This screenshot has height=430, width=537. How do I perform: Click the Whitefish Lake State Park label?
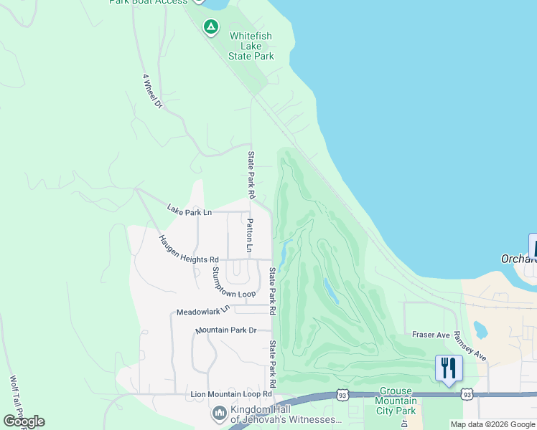coord(251,45)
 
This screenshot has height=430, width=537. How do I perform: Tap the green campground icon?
coord(210,27)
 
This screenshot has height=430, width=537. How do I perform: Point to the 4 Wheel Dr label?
coord(152,90)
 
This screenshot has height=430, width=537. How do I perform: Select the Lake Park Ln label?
coord(190,211)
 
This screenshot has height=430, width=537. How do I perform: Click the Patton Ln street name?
coord(250,236)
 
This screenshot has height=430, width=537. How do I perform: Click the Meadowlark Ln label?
coord(202,311)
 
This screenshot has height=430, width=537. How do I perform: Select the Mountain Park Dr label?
coord(226,330)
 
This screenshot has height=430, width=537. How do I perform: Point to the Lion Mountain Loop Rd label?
coord(231,394)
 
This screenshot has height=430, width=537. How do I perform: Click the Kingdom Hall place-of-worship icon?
coord(219,414)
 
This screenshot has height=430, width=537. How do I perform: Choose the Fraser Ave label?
coord(431,335)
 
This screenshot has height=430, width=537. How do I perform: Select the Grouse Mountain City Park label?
coord(396,401)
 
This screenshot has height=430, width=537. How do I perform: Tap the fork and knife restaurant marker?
coord(449,368)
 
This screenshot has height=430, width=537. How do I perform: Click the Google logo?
coord(24,421)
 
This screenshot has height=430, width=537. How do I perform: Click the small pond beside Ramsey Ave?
coord(481,330)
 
